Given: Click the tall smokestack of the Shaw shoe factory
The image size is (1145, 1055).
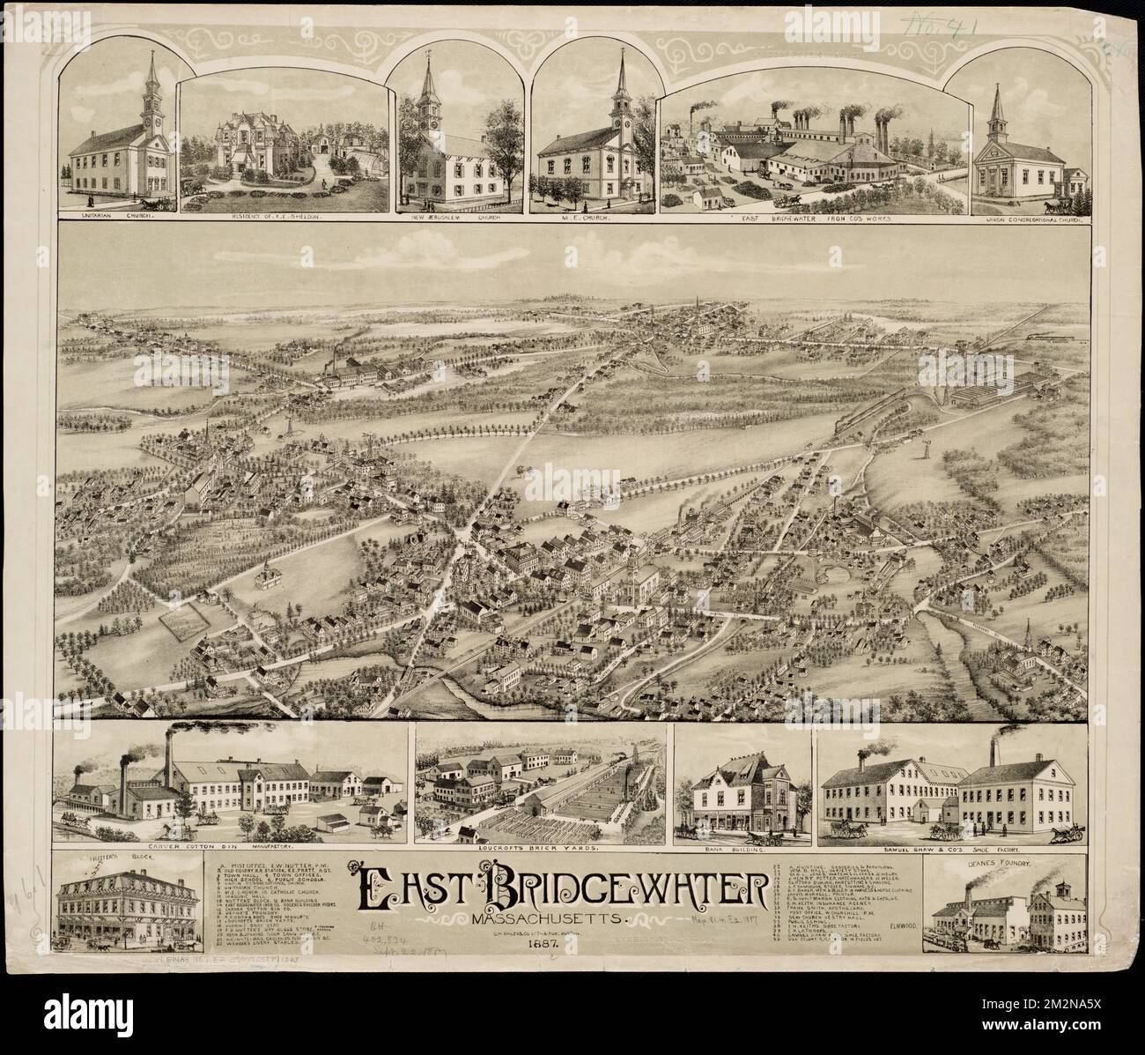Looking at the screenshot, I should [994, 754].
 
